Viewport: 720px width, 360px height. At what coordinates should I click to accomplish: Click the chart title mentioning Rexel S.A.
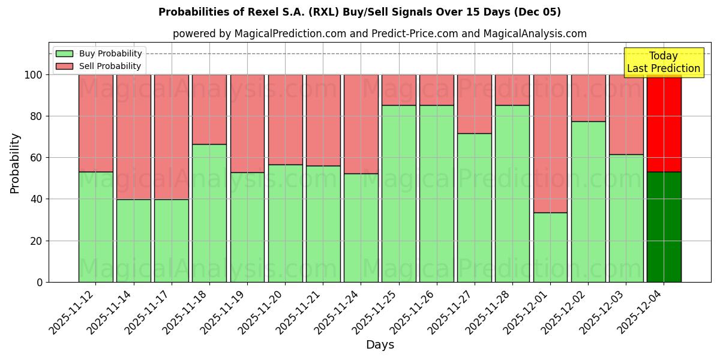[359, 12]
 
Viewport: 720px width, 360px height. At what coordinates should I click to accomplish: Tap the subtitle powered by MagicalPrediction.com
[379, 34]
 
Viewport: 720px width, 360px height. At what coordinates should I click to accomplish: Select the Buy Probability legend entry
[99, 53]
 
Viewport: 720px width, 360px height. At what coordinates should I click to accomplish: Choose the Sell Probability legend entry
[99, 66]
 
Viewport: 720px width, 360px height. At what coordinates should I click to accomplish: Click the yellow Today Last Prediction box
[663, 62]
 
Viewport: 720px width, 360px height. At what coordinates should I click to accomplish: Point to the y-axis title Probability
[15, 163]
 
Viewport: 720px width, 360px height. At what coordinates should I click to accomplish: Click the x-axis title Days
[380, 345]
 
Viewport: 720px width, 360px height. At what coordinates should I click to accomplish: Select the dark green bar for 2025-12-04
[664, 227]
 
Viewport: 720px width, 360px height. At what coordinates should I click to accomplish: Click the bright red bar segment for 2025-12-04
[664, 123]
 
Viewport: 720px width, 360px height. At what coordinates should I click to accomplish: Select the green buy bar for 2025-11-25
[398, 193]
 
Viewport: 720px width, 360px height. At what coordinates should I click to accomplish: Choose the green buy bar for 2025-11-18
[209, 213]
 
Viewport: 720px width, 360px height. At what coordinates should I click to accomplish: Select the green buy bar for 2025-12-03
[626, 218]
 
